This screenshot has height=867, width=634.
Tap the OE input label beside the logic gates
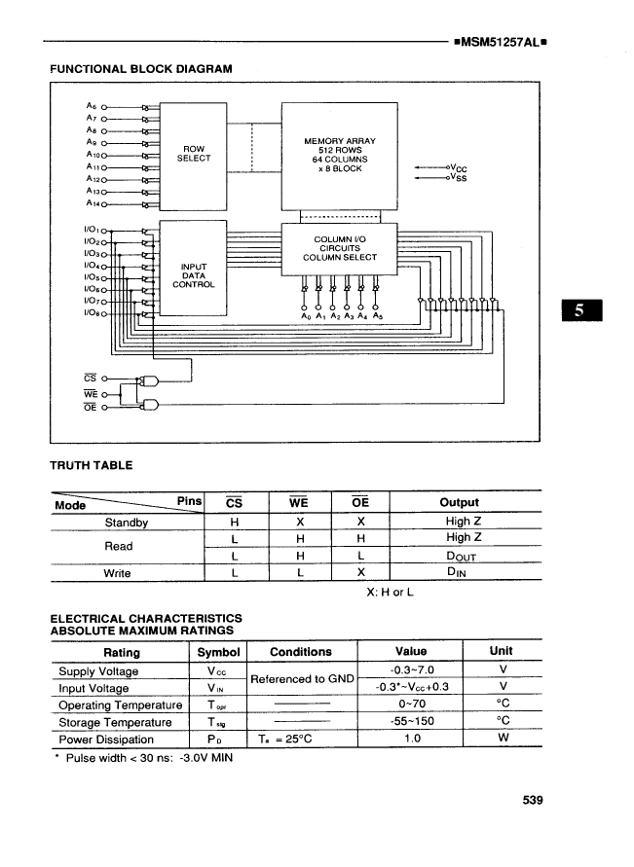coord(90,407)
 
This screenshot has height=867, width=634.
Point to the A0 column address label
coord(305,316)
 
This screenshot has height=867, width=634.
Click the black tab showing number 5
coord(579,311)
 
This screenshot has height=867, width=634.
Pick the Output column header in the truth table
coord(459,502)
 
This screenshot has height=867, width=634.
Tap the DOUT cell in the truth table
coord(459,556)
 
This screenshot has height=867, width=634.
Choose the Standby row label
coord(126,522)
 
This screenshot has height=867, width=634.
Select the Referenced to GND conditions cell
coord(301,679)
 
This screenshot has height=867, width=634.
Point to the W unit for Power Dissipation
coord(503,738)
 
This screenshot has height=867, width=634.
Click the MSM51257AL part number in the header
coord(497,44)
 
